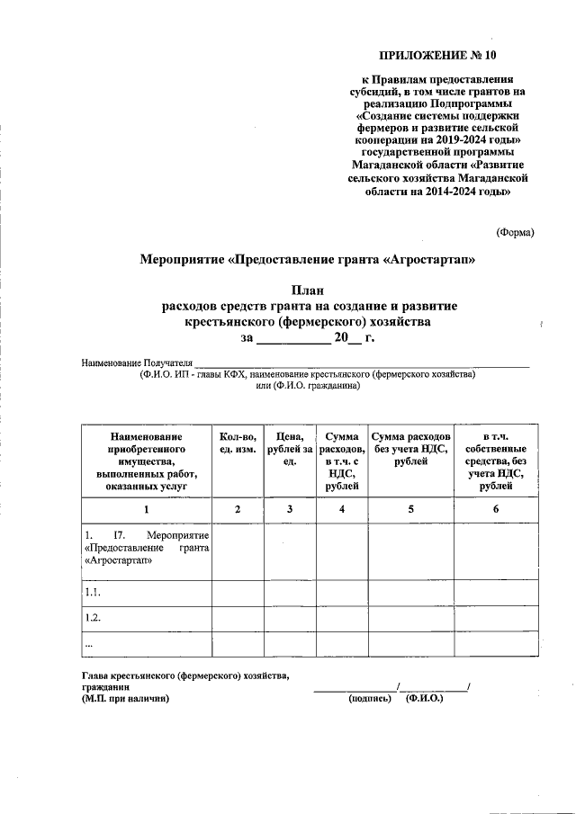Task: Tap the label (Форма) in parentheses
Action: click(515, 232)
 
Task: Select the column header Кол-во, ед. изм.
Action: click(238, 442)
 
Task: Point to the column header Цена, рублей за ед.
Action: click(290, 448)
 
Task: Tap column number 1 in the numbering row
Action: click(146, 510)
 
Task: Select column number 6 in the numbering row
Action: click(497, 510)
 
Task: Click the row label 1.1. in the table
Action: click(92, 593)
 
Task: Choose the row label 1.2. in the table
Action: click(92, 619)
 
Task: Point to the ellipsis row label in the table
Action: click(88, 644)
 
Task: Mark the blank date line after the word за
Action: click(294, 338)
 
